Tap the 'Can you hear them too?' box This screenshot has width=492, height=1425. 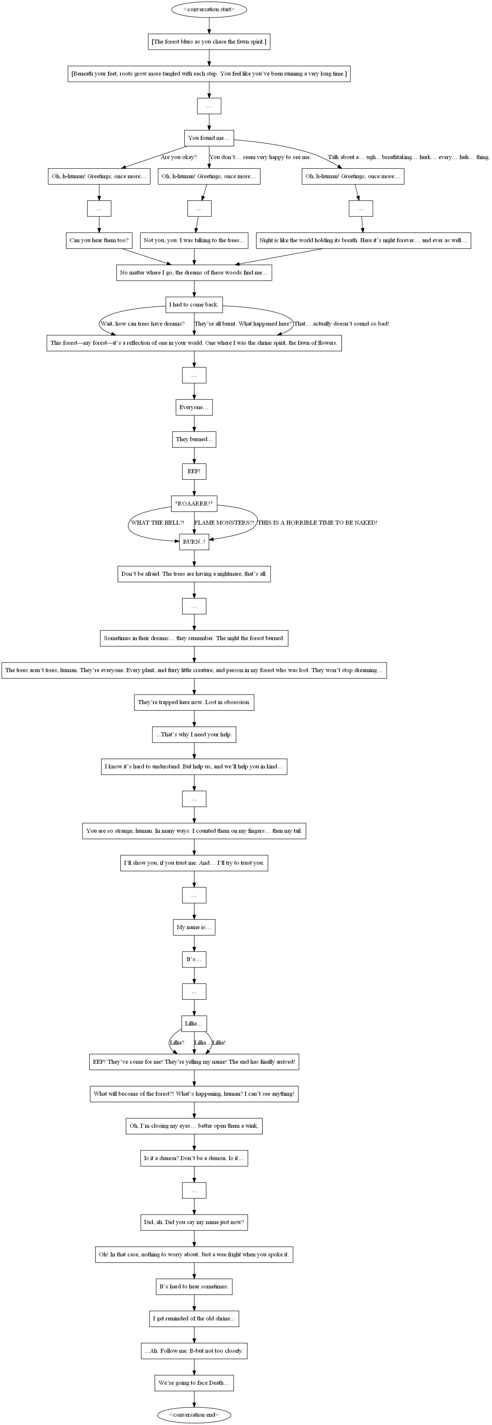coord(99,240)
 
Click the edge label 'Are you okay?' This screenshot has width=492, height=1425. coord(179,157)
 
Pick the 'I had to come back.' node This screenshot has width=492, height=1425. coord(194,304)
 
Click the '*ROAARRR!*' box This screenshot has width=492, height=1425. coord(194,503)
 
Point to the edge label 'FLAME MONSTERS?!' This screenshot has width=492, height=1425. coord(224,523)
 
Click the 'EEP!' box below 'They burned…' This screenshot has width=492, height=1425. coord(194,471)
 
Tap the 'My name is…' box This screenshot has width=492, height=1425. coord(194,927)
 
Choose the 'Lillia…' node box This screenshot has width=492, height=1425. coord(194,1023)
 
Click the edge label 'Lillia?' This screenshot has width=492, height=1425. coord(177,1043)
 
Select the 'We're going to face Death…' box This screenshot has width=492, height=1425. coord(194,1383)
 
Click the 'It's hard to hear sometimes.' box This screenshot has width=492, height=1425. coord(194,1287)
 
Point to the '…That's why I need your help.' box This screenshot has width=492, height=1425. coord(194,735)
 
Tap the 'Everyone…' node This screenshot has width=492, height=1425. coord(194,407)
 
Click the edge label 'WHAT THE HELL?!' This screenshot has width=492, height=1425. coord(157,523)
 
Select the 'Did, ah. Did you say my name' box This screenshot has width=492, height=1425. coord(194,1222)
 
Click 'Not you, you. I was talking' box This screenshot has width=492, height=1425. coord(194,240)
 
